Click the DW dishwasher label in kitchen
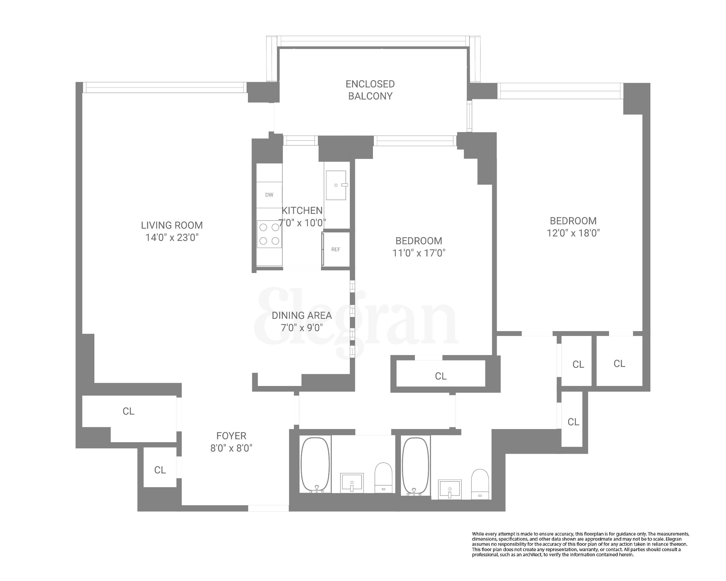pos(269,195)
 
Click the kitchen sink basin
pos(336,185)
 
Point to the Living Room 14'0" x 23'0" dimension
pos(172,238)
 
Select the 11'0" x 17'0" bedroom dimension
pos(419,253)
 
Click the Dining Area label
pos(302,315)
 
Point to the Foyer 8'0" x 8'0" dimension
pos(231,448)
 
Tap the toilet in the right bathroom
pos(479,484)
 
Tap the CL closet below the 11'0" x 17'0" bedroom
pos(440,376)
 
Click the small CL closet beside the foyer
pos(160,470)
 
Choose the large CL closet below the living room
pos(128,411)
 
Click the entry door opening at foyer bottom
pos(268,508)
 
